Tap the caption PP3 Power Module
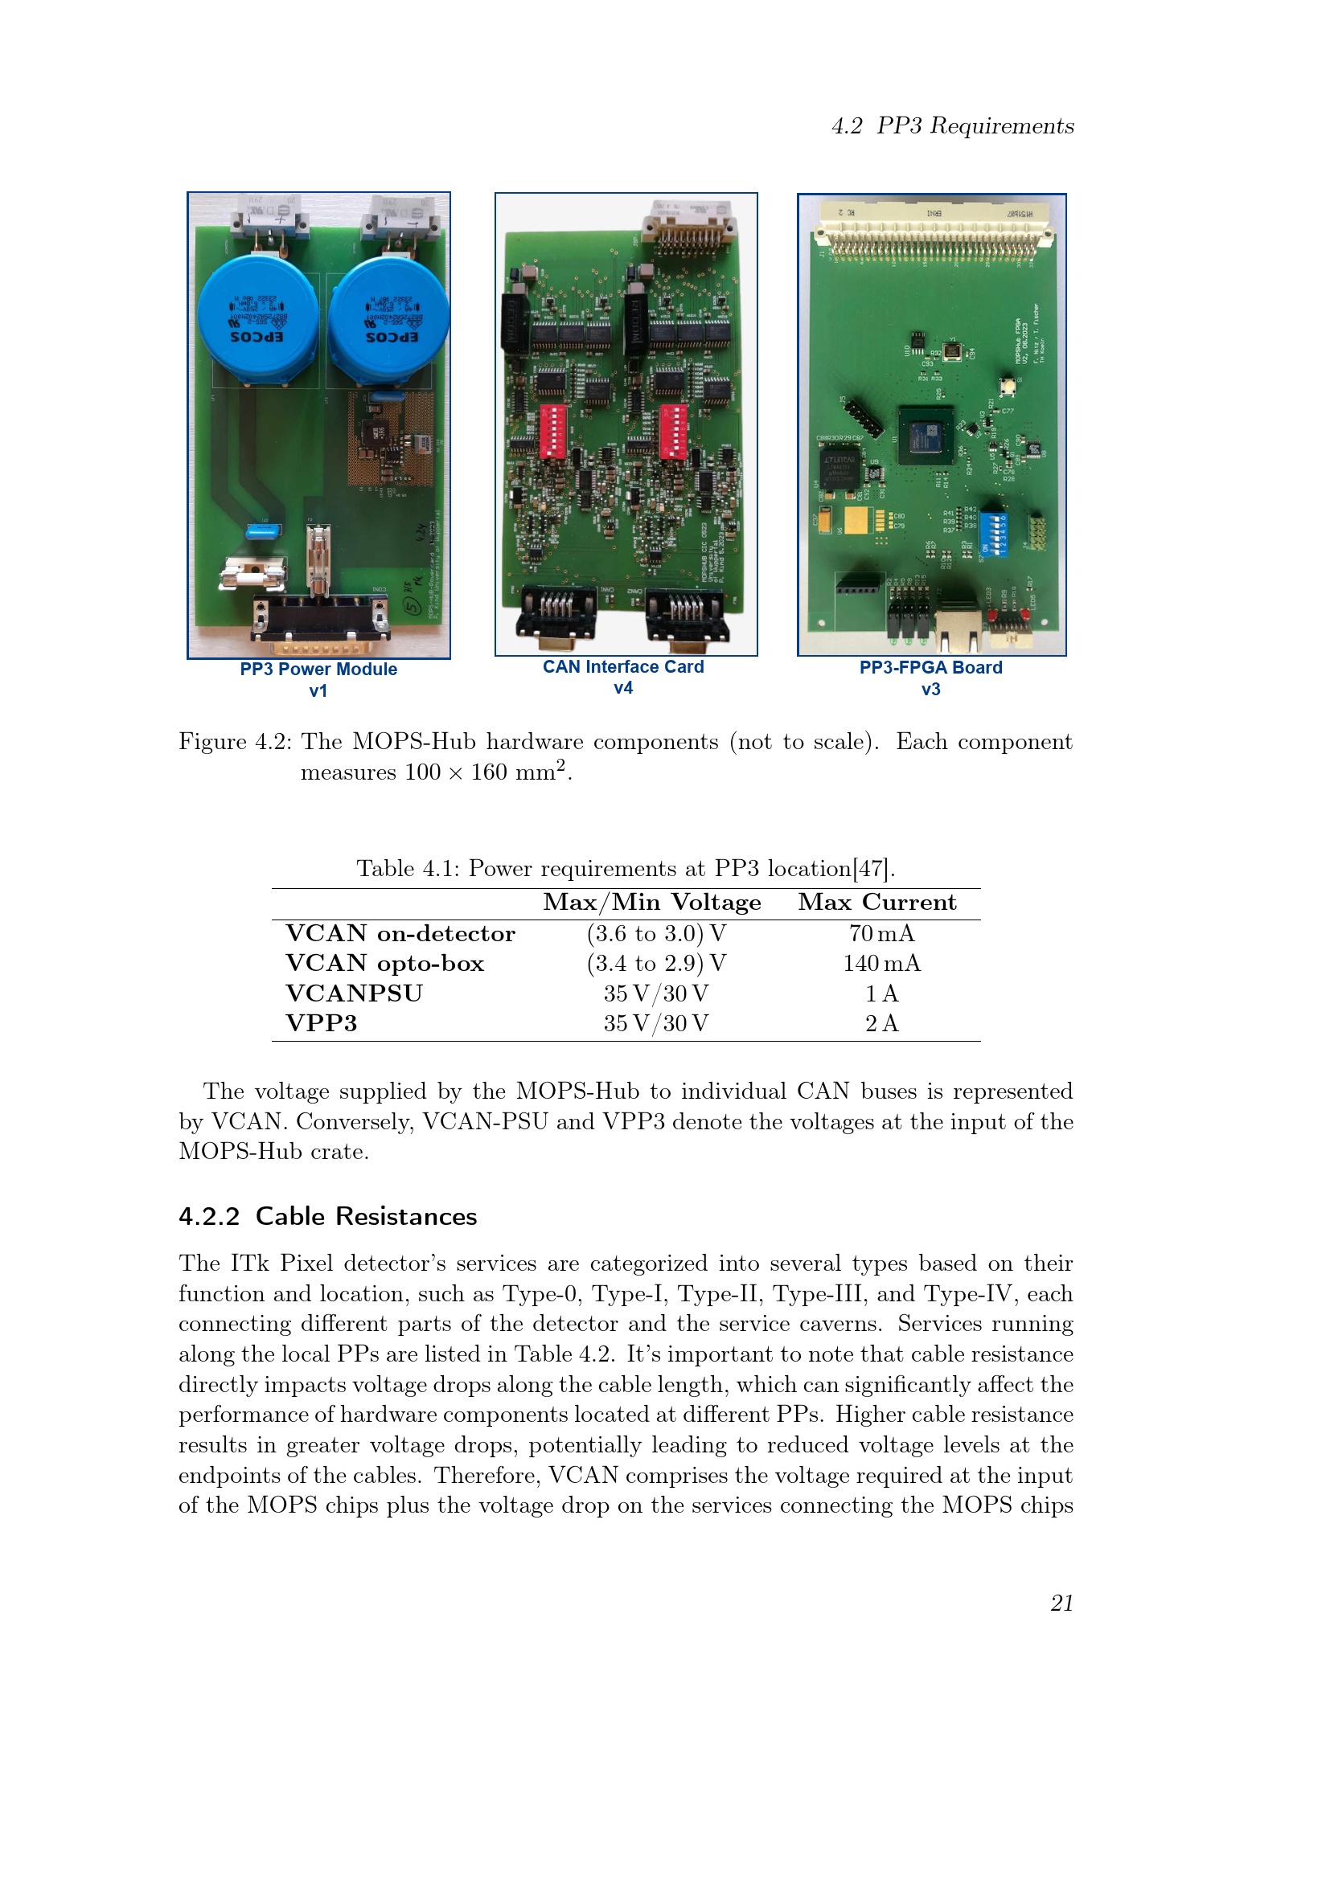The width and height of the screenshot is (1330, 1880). pos(318,669)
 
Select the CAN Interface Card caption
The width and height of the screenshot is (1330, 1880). pos(622,666)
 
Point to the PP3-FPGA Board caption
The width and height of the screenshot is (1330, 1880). pos(930,667)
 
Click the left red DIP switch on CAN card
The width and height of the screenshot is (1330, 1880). pos(552,429)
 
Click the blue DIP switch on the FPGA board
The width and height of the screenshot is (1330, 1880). pos(994,533)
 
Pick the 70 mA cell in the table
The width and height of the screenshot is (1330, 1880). pos(881,933)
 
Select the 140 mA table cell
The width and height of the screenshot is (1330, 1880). pos(881,963)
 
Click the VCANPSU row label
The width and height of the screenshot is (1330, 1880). pos(354,993)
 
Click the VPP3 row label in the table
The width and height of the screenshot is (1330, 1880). pos(321,1022)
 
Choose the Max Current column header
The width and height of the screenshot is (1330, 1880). pos(876,903)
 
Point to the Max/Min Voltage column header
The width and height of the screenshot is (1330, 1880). pos(652,903)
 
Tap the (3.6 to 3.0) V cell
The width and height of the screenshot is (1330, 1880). pos(656,933)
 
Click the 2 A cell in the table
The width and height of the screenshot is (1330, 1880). pos(881,1022)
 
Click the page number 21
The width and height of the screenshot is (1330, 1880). pos(1061,1603)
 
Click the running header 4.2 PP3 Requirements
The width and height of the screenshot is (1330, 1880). pos(952,126)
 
